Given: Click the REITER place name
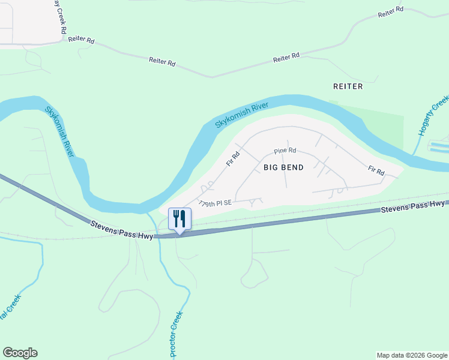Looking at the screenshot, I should point(348,86).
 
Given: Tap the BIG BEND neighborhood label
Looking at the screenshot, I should point(283,167).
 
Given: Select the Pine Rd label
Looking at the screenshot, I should point(285,151).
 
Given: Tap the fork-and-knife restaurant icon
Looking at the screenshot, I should point(179,218).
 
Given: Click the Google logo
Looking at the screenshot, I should point(20,353).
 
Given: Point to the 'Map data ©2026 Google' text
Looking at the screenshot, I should point(412,355).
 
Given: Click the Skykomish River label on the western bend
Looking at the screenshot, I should point(60,131).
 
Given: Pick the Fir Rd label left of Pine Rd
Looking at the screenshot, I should point(232,158).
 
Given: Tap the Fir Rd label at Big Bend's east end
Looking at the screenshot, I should point(376,171).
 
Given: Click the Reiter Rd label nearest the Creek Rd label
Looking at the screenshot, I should point(82,40).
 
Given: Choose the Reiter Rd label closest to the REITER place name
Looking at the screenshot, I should point(286,58).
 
